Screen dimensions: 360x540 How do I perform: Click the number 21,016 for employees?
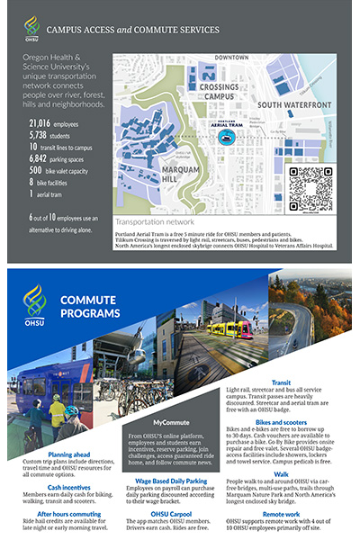pyautogui.click(x=40, y=122)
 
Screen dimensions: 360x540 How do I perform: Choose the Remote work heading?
pyautogui.click(x=281, y=512)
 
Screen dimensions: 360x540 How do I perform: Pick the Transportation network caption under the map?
pyautogui.click(x=154, y=220)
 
